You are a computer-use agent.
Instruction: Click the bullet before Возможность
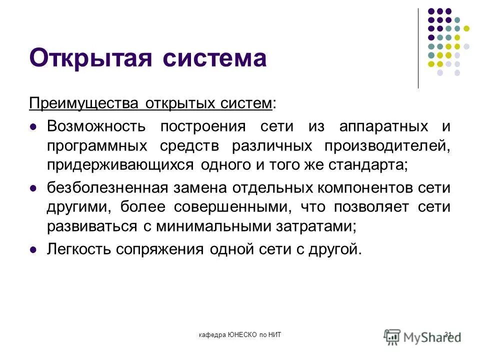click(34, 127)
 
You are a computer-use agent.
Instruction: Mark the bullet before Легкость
click(34, 249)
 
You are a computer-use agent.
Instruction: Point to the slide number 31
click(447, 334)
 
